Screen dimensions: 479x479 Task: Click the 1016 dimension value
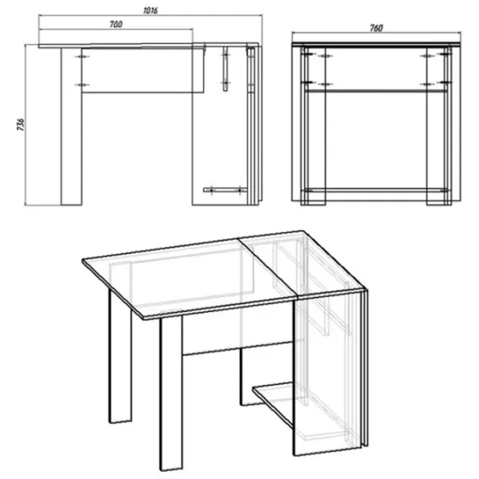[150, 10]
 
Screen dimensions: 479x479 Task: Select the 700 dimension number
[116, 24]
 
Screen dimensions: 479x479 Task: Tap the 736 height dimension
[21, 125]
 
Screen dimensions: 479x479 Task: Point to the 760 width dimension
[376, 28]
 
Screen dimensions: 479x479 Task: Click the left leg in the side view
[71, 126]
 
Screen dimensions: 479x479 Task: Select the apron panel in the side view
[143, 70]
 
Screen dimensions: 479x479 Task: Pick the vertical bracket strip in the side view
[225, 69]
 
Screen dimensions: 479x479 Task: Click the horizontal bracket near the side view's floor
[225, 190]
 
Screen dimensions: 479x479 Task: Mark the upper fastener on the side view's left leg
[82, 57]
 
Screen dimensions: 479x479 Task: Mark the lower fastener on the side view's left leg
[82, 85]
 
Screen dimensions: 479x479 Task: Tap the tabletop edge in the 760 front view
[376, 45]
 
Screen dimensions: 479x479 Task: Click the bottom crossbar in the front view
[376, 190]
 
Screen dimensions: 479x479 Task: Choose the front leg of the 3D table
[171, 394]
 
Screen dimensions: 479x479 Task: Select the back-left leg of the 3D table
[121, 357]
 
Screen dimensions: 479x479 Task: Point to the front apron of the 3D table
[238, 334]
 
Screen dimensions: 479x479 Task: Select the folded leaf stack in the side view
[254, 125]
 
